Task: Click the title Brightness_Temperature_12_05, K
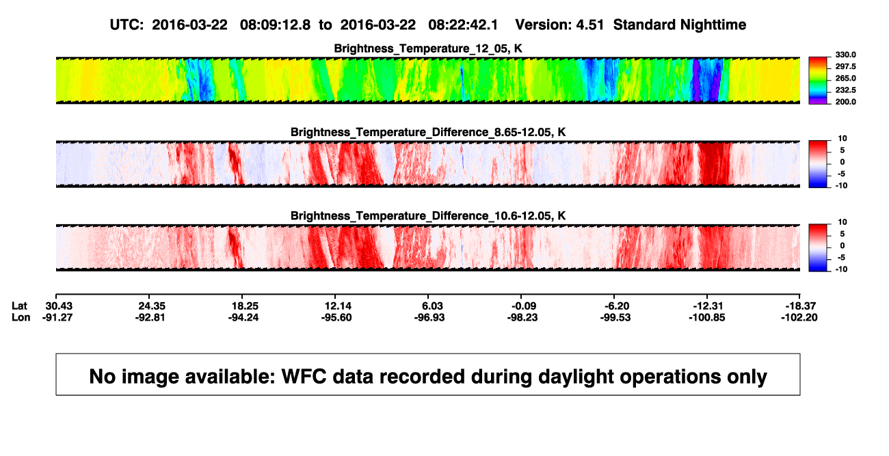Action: (x=428, y=49)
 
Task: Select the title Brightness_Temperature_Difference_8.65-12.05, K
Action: (x=428, y=132)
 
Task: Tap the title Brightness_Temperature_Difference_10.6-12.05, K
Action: (x=428, y=216)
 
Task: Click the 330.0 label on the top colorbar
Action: (x=845, y=55)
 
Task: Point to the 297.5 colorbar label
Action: (x=845, y=66)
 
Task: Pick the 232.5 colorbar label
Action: (x=845, y=90)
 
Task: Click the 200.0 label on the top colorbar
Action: (x=845, y=102)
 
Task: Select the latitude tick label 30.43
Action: (x=59, y=306)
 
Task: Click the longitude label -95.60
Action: (x=336, y=318)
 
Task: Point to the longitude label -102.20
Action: (x=799, y=318)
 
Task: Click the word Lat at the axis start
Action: (x=19, y=306)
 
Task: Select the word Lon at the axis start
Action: (x=21, y=318)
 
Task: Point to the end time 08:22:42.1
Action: (x=463, y=25)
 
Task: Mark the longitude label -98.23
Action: (x=522, y=318)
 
